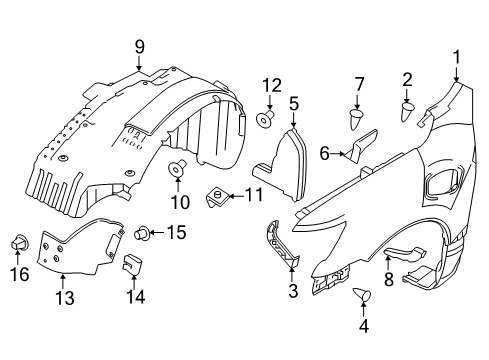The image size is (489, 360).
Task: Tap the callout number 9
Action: pyautogui.click(x=140, y=45)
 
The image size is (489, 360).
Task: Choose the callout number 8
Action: pyautogui.click(x=388, y=282)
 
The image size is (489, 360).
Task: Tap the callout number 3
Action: pyautogui.click(x=292, y=290)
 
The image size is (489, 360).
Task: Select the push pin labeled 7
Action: pyautogui.click(x=357, y=120)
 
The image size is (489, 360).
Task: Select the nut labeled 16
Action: pyautogui.click(x=19, y=243)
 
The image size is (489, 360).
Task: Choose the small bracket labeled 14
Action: pyautogui.click(x=132, y=265)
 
